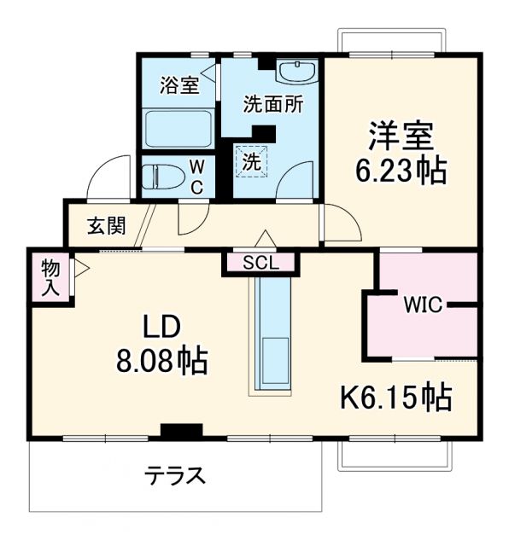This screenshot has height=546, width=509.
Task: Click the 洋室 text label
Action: click(x=401, y=137)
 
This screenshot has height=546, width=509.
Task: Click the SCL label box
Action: click(x=260, y=263)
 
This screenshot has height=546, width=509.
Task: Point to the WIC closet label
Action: click(x=424, y=305)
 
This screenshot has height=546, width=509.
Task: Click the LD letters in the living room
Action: click(x=161, y=327)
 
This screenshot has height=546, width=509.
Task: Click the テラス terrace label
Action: click(x=173, y=474)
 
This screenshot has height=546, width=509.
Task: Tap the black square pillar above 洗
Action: click(x=265, y=134)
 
